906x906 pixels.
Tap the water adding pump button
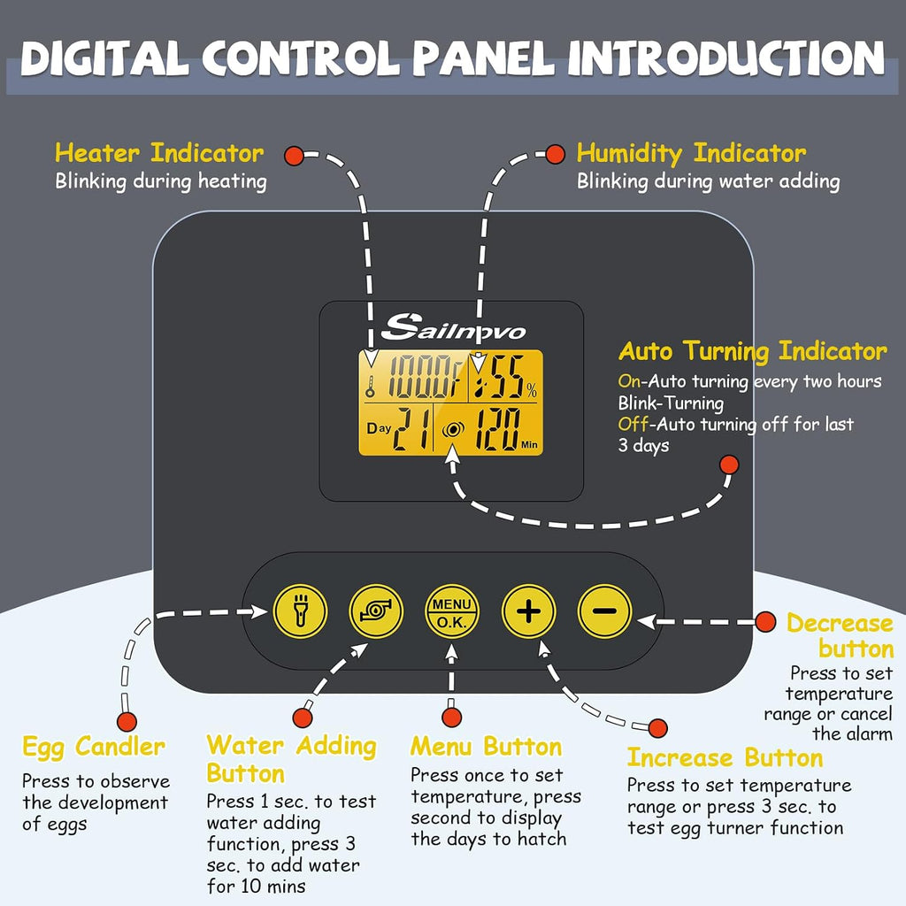click(x=376, y=611)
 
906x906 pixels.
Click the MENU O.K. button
click(x=452, y=611)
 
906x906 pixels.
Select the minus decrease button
click(x=604, y=611)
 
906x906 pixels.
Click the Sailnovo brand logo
click(x=454, y=327)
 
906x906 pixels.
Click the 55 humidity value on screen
click(x=507, y=376)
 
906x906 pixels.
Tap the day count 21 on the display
click(x=411, y=429)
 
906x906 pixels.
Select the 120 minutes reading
click(x=496, y=429)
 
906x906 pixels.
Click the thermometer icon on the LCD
click(x=370, y=387)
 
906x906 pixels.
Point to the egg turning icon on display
click(x=453, y=430)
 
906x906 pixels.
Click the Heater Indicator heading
click(x=159, y=153)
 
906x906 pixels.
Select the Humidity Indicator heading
click(x=691, y=154)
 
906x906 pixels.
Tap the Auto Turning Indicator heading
click(x=752, y=350)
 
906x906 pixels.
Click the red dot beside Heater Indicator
click(x=294, y=155)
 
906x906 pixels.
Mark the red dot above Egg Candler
click(x=127, y=721)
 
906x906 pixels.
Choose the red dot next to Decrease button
click(x=765, y=622)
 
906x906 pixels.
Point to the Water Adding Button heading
click(x=291, y=759)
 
